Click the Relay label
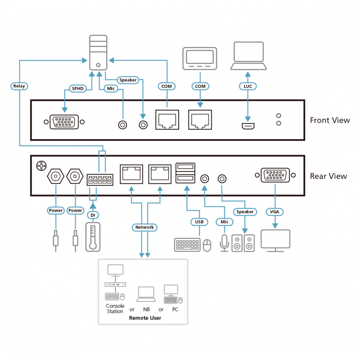click(19, 86)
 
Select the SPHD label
click(78, 89)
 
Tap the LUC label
click(248, 86)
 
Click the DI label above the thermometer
click(93, 215)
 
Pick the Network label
click(144, 227)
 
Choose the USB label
click(199, 222)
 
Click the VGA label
click(275, 212)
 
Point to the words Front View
click(330, 120)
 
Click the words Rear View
click(329, 176)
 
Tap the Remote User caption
click(145, 318)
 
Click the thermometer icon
click(93, 237)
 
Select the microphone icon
click(224, 243)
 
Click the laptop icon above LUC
click(249, 56)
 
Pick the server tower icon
click(98, 53)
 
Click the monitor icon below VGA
click(275, 241)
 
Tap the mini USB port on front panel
click(248, 126)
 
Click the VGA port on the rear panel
click(275, 175)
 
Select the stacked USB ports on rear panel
click(185, 173)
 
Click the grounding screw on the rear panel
click(42, 166)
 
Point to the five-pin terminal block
click(100, 180)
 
